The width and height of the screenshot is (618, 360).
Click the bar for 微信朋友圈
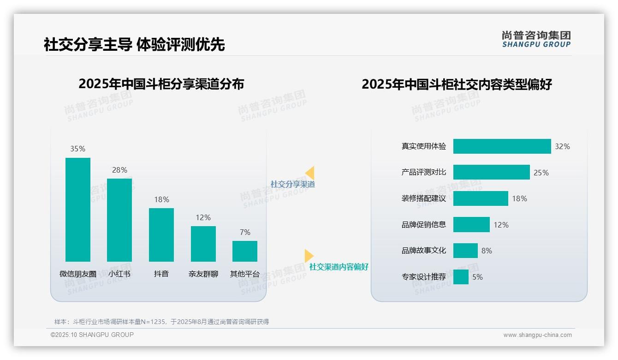tap(78, 210)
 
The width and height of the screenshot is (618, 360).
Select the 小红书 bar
tap(119, 220)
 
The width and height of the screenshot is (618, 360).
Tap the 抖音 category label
tap(161, 274)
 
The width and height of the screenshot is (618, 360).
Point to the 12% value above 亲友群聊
tap(203, 217)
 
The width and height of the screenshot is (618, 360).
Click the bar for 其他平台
tap(245, 251)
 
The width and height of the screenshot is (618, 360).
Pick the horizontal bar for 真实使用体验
tap(502, 146)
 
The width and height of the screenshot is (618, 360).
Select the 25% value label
tap(541, 173)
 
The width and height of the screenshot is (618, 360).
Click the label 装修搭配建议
tap(424, 198)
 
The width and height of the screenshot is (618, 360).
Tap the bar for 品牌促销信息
tap(471, 225)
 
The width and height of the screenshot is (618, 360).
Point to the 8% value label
tap(487, 251)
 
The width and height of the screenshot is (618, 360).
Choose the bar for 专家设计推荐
tap(461, 277)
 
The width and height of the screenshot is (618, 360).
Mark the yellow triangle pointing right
tap(309, 256)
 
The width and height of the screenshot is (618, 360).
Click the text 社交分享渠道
tap(292, 184)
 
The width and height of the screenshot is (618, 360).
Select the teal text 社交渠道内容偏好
tap(339, 267)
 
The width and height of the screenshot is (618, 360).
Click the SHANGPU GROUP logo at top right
tap(536, 39)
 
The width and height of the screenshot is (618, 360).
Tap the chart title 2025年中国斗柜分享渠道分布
tap(161, 84)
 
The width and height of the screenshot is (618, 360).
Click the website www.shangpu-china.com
tap(537, 335)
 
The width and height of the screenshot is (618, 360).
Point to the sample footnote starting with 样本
tap(161, 322)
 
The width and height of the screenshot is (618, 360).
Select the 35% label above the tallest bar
tap(78, 149)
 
